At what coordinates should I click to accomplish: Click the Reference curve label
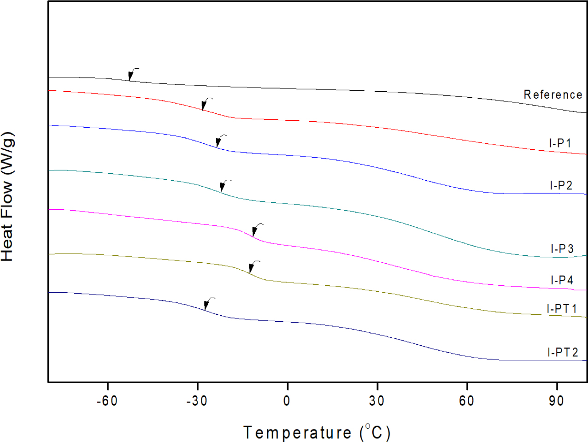[553, 94]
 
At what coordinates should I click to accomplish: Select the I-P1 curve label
[560, 143]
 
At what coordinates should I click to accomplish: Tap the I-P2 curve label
[561, 186]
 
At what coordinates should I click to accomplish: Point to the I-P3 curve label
[562, 249]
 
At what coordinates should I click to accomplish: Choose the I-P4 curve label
[562, 280]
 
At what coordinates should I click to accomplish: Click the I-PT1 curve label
[562, 309]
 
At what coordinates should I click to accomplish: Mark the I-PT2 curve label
[563, 353]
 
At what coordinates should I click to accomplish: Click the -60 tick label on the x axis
[107, 401]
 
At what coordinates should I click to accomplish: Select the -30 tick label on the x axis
[197, 401]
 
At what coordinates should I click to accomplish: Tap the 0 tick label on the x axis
[287, 401]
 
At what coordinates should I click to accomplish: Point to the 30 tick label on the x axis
[377, 401]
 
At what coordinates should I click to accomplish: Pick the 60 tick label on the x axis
[467, 401]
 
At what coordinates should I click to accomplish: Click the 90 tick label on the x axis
[557, 401]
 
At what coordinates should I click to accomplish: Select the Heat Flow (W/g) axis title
[8, 197]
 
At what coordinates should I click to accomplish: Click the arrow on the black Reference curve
[133, 74]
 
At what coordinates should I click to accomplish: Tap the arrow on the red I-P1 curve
[206, 103]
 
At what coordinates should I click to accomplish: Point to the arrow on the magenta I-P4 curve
[257, 229]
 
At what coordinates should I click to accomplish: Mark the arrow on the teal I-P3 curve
[224, 185]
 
